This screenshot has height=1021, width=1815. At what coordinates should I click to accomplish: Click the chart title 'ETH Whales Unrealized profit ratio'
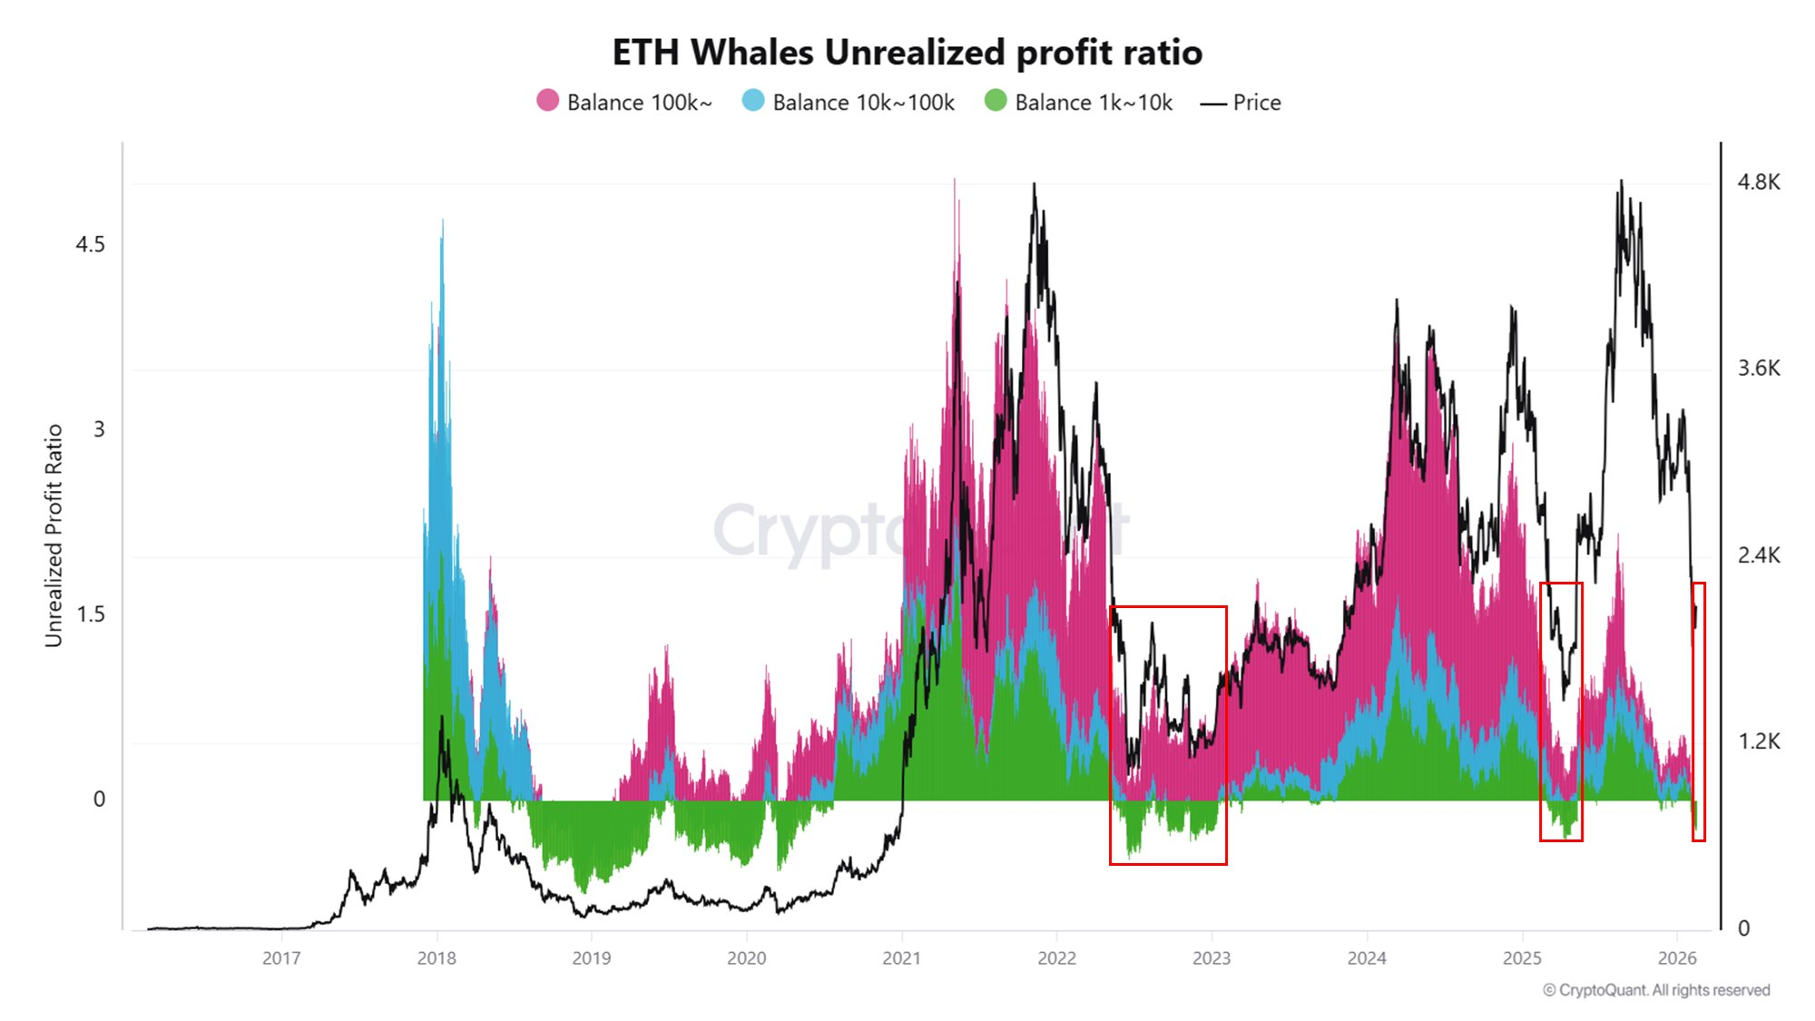[907, 53]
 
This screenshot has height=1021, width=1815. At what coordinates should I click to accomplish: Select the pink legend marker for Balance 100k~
[547, 101]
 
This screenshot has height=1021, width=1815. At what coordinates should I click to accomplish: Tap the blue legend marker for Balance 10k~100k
[752, 101]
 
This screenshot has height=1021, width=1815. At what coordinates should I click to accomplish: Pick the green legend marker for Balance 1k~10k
[996, 101]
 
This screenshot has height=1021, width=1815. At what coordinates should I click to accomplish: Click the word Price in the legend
[1256, 103]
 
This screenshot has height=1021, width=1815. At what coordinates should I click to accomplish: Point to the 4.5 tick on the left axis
[90, 245]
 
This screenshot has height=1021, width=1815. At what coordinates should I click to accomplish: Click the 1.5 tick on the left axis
[90, 614]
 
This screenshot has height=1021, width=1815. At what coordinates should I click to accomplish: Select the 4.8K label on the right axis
[1758, 182]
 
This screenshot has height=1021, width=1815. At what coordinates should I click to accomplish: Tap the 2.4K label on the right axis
[1758, 555]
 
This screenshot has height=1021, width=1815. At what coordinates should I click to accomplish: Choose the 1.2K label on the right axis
[1758, 742]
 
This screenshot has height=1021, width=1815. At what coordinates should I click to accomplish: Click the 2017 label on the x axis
[281, 958]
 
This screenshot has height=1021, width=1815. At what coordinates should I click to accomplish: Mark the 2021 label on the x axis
[901, 958]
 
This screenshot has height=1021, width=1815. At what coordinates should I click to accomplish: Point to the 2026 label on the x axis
[1676, 958]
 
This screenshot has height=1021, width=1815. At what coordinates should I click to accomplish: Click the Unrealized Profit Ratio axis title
[54, 535]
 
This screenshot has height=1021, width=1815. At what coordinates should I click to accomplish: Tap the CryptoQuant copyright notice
[1656, 990]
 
